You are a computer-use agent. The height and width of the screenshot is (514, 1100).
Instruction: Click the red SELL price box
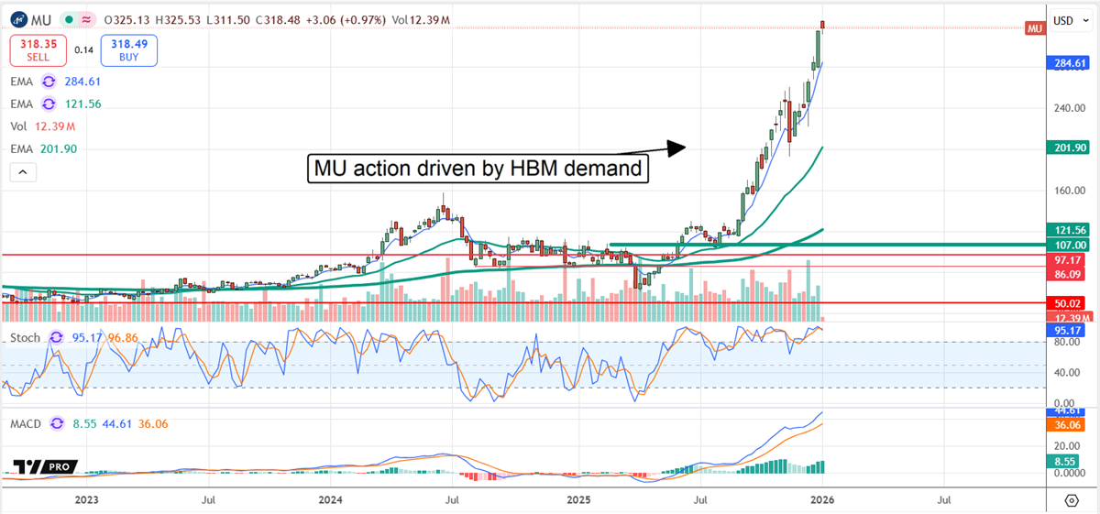click(x=37, y=50)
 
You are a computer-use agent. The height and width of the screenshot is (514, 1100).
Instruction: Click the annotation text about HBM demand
click(x=477, y=169)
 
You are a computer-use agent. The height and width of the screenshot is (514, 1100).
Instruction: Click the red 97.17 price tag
click(x=1065, y=259)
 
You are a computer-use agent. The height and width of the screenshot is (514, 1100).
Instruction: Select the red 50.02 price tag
click(x=1065, y=302)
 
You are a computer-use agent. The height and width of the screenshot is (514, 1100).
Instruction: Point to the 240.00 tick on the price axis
click(x=1062, y=108)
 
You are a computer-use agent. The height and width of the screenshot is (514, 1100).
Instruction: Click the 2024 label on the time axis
click(x=330, y=500)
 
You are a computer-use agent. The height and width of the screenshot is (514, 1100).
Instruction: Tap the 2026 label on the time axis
click(x=823, y=500)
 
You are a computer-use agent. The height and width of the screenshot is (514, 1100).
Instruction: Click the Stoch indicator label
click(x=25, y=338)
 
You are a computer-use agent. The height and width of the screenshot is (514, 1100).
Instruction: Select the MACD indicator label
click(x=28, y=423)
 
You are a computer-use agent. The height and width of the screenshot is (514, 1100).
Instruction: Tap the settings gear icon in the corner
click(x=1071, y=500)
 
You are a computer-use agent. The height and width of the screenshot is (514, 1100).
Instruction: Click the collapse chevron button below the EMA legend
click(x=23, y=171)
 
